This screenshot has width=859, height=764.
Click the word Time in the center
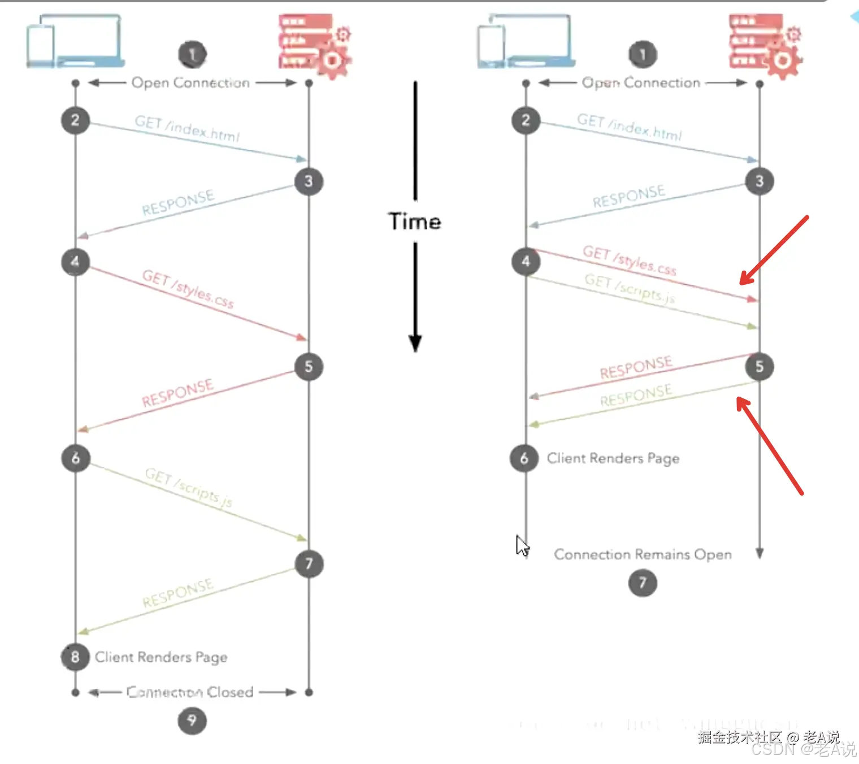tap(414, 222)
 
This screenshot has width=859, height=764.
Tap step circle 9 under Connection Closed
tap(192, 721)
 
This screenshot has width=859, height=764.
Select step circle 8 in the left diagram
tap(75, 657)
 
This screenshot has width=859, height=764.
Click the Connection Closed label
tap(190, 692)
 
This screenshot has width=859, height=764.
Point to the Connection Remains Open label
tap(643, 554)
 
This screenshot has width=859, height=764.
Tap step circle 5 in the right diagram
tap(760, 367)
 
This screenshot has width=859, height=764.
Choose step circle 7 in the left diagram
tap(309, 563)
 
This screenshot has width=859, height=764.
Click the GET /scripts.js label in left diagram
tap(189, 487)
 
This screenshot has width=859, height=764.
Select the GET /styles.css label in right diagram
tap(630, 260)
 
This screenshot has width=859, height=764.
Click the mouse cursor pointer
tap(522, 545)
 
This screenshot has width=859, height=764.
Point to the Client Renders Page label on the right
tap(613, 458)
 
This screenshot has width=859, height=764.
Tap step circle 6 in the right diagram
tap(524, 458)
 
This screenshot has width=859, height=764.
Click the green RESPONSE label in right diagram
tap(636, 395)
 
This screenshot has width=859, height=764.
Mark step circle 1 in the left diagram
tap(192, 54)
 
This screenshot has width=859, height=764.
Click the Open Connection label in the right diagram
tap(641, 83)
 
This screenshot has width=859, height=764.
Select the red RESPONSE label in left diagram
tap(177, 393)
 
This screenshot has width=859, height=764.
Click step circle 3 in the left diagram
tap(309, 181)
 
